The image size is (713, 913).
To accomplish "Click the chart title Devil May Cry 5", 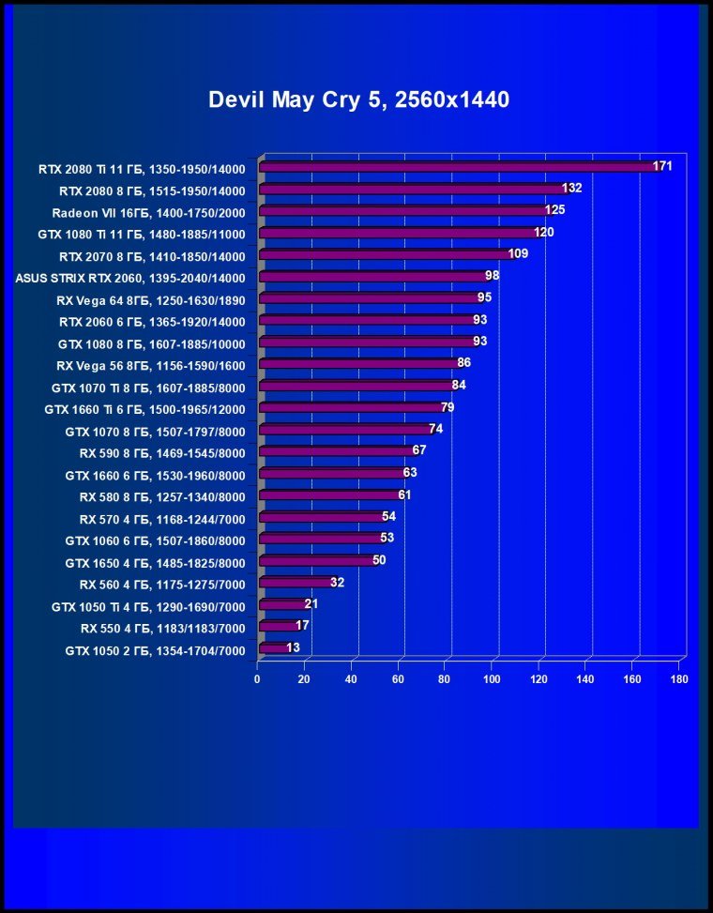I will tap(358, 100).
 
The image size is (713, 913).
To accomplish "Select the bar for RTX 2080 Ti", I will tap(460, 167).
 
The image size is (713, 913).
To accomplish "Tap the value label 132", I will tap(572, 188).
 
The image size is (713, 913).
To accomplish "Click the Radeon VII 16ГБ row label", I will tap(148, 212).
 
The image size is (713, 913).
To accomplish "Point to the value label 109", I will tap(518, 254).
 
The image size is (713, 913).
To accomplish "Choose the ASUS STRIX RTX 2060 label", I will tap(129, 278).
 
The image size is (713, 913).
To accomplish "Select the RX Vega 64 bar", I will tap(371, 297).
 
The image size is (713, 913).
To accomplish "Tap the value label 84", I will tap(459, 385).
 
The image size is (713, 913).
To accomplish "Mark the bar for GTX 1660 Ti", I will tap(352, 407).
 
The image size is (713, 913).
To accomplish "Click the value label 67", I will tap(419, 450).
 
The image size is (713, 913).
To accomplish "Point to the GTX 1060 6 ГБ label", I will tap(155, 540).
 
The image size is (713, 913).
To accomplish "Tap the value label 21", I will tap(311, 603).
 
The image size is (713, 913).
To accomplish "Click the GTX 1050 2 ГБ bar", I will tap(274, 647).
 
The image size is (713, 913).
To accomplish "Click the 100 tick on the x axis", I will tap(492, 678).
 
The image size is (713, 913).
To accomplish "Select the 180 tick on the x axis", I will tap(679, 678).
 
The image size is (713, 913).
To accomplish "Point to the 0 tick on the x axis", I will tap(257, 678).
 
